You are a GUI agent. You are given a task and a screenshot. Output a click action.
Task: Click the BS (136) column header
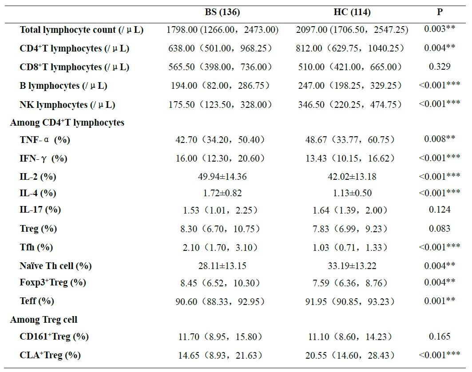pos(222,12)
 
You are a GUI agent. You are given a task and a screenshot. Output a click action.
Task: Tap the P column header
pos(439,12)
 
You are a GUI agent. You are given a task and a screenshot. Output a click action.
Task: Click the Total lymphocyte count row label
pos(81,30)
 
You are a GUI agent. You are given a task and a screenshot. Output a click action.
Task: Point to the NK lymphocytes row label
pos(67,105)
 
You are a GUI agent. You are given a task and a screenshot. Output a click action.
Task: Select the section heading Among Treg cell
pos(44,320)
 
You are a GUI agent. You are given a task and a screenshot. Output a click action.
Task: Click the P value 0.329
pos(439,67)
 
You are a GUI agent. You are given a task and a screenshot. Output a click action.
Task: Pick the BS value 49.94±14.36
pos(222,177)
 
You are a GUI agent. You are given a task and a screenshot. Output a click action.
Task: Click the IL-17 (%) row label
pos(40,210)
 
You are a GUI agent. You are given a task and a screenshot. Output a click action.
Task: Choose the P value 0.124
pos(439,210)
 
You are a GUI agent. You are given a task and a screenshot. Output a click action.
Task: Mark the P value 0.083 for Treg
pos(439,229)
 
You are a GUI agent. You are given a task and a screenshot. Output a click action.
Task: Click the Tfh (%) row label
pos(36,247)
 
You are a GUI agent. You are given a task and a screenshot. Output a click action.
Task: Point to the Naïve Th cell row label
pos(56,266)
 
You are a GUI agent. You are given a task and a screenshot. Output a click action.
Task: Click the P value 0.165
pos(439,336)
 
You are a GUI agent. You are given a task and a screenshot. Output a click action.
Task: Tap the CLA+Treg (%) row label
pos(50,355)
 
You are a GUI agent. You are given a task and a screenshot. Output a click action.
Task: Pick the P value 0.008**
pos(439,139)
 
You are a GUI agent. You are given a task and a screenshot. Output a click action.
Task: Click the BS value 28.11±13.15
pos(222,266)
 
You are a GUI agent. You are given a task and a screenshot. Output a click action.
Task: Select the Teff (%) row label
pos(37,301)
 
